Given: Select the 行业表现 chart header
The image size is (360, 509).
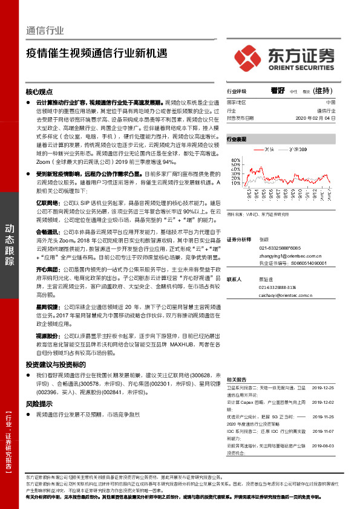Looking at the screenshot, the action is (x=237, y=139).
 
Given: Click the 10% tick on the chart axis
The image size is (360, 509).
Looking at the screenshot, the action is (x=231, y=175).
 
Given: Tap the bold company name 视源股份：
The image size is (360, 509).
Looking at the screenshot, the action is (x=49, y=335).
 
